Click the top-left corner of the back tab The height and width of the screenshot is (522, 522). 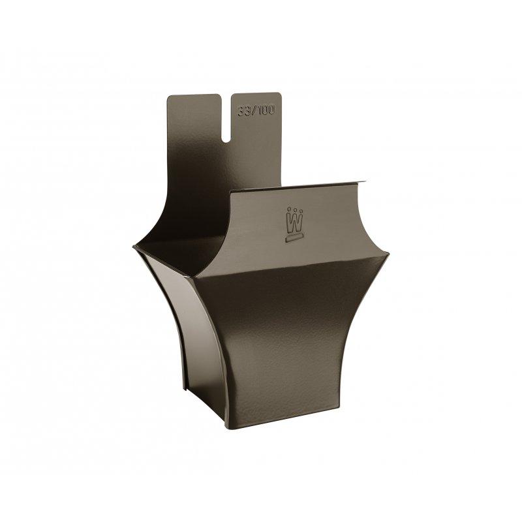tap(169, 97)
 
